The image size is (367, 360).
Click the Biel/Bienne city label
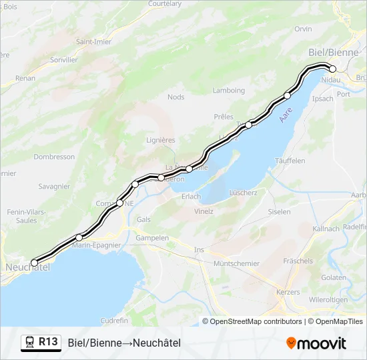coord(333,52)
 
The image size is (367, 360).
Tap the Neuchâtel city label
coord(27,267)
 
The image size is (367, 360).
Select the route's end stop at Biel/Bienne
coord(332,69)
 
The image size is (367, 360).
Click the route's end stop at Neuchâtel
coord(35,263)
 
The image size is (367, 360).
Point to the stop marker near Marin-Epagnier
coord(79,237)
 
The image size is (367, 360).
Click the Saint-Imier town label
coord(93,41)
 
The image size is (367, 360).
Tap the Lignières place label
coord(160,140)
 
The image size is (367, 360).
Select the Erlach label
coord(191,197)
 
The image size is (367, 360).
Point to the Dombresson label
coord(54,157)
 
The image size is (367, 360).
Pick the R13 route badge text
coord(48,342)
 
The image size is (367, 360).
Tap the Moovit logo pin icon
coord(291,343)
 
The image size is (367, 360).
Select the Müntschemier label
coord(236,263)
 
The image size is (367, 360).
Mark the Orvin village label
coord(303,29)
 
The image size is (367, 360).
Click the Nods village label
coord(176,97)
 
